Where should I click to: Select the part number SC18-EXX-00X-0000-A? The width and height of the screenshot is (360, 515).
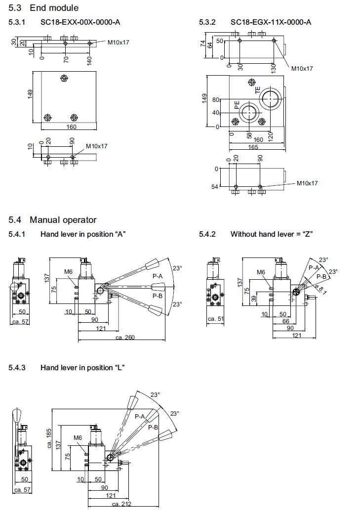click(80, 22)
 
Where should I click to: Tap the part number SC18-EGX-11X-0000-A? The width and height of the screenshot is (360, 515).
click(271, 22)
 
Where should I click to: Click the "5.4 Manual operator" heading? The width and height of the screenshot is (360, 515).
click(53, 219)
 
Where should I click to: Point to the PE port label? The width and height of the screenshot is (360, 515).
click(237, 105)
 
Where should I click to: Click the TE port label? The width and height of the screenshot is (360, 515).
click(257, 90)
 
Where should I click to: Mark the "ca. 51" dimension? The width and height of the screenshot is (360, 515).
click(216, 319)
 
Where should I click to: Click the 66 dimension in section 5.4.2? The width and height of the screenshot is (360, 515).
click(285, 322)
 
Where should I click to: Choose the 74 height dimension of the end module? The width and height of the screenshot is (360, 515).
click(202, 43)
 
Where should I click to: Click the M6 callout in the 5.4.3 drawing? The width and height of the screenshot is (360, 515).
click(78, 437)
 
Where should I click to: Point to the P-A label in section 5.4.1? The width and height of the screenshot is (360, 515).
click(158, 276)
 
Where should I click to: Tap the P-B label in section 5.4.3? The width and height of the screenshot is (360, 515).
click(153, 427)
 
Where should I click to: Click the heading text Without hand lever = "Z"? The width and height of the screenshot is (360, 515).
click(272, 234)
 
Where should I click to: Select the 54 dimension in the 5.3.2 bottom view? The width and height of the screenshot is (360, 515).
click(214, 186)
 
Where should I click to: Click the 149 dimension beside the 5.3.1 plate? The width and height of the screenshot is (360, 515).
click(30, 93)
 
